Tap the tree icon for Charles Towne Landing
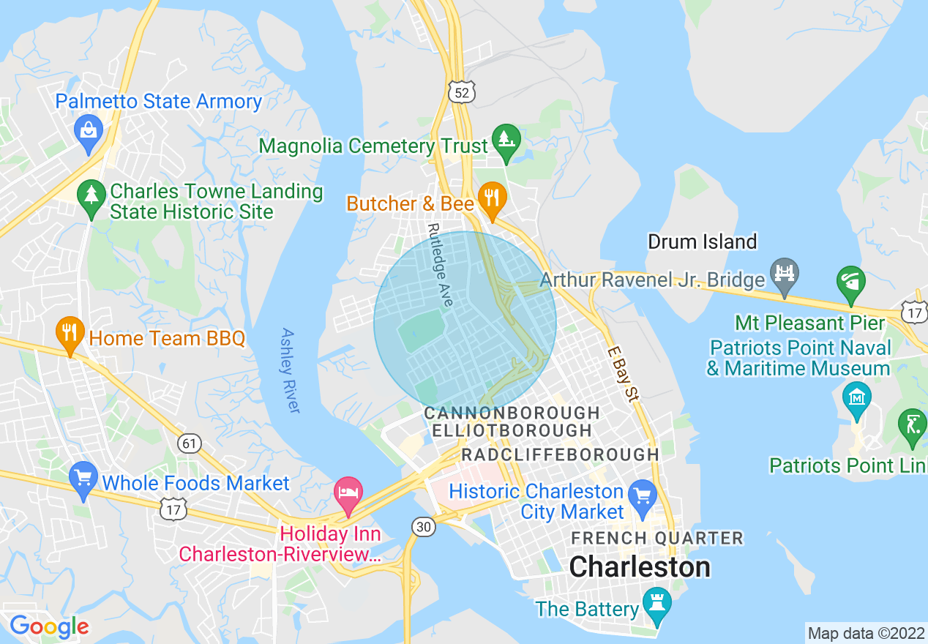(x=91, y=195)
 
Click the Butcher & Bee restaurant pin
(x=492, y=198)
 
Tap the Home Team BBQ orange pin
(x=70, y=333)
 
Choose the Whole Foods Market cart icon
(x=83, y=477)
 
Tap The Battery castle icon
(x=656, y=603)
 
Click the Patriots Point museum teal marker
(x=856, y=398)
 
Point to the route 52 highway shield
(x=461, y=92)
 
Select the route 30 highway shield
(x=423, y=525)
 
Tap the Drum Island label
(x=702, y=241)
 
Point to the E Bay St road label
(x=622, y=373)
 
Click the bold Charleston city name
(x=640, y=566)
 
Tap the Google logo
(x=49, y=626)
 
